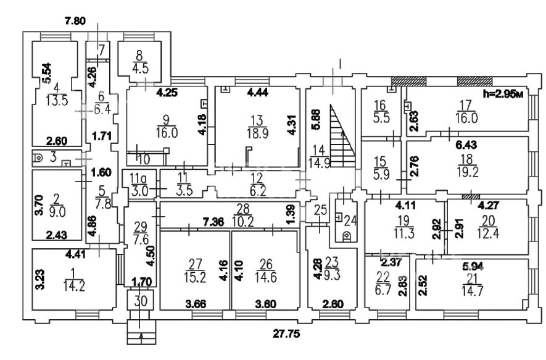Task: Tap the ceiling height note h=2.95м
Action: click(505, 94)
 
